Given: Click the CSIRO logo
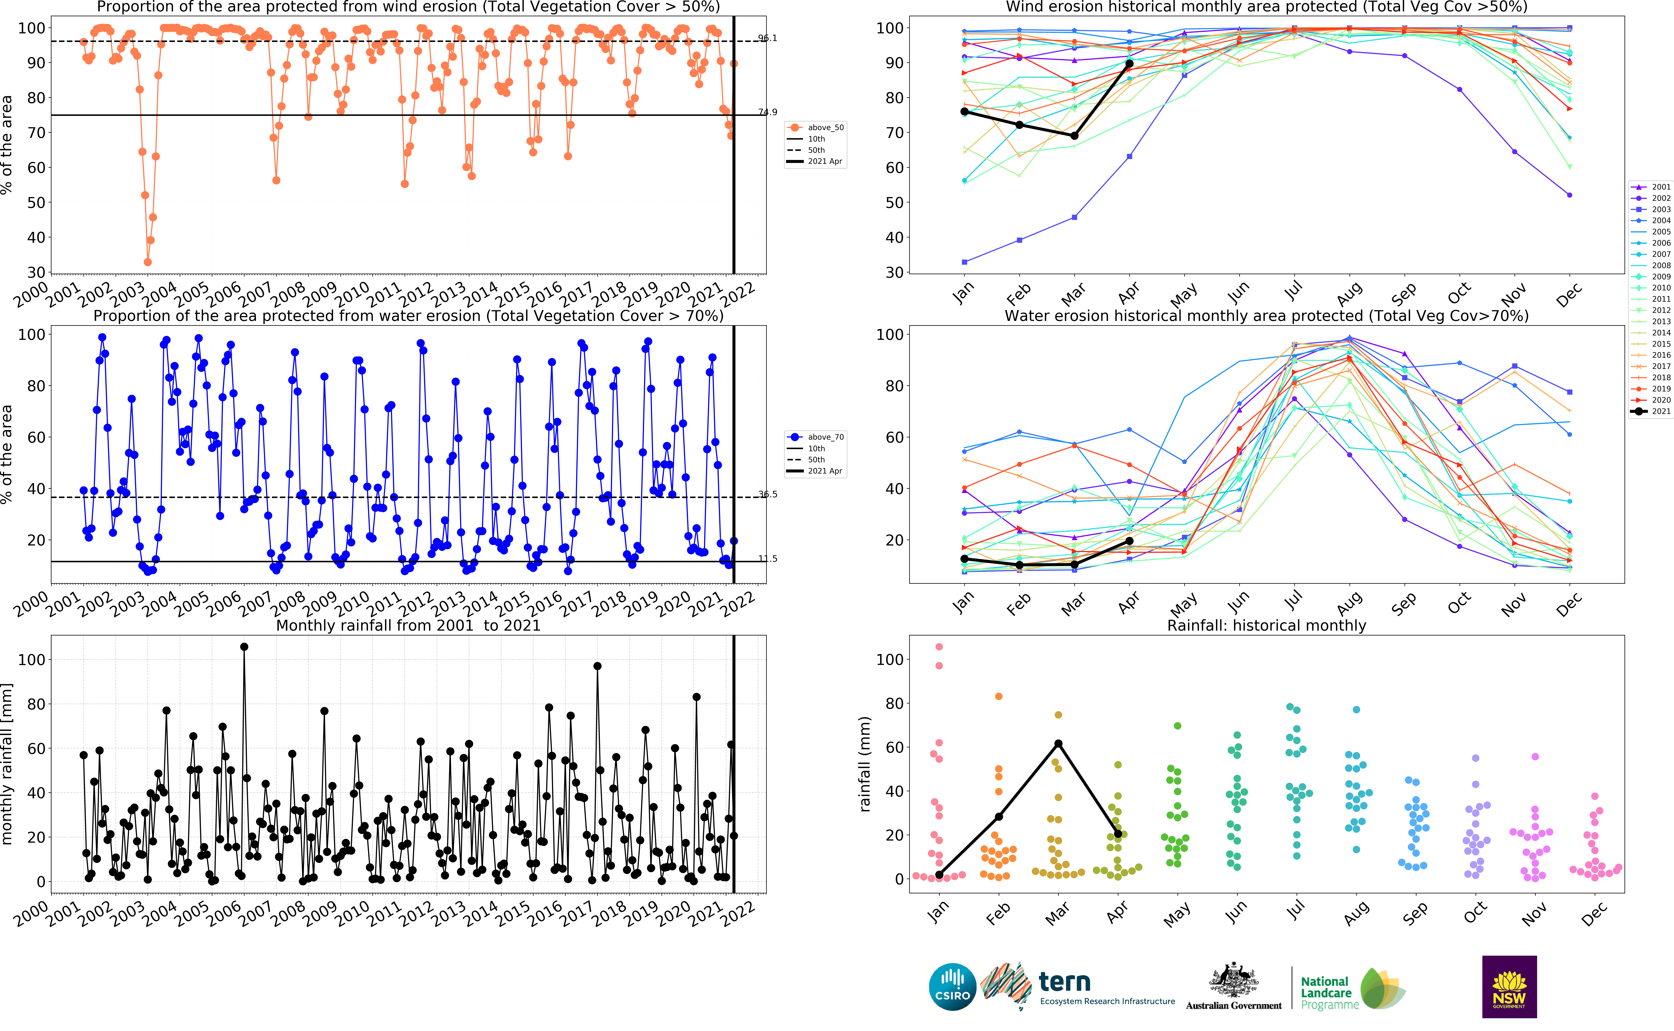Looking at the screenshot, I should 952,987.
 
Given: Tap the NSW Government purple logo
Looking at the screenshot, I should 1509,987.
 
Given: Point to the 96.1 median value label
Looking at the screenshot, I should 767,38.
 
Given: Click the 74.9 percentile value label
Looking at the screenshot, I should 767,112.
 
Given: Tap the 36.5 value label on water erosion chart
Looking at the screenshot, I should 767,494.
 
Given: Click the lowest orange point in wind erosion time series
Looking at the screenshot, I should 147,262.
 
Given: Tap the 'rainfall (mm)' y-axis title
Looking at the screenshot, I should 865,764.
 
